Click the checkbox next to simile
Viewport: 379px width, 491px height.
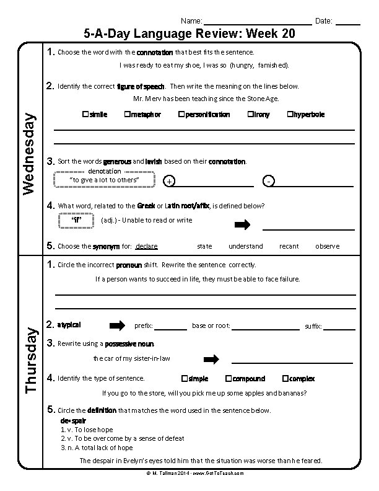tap(85, 114)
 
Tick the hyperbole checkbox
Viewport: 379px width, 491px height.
tap(290, 114)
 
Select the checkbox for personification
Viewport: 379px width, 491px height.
tap(181, 114)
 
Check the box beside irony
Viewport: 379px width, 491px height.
tap(250, 114)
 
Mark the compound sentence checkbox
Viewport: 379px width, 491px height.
tap(228, 378)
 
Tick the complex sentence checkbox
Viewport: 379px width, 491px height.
tap(285, 378)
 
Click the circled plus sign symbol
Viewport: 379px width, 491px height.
tap(170, 181)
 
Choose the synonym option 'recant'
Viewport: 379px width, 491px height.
tap(289, 246)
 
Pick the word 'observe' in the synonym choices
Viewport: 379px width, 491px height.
tap(327, 246)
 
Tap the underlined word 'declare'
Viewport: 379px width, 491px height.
tap(147, 246)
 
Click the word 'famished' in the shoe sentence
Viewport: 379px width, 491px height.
tap(273, 64)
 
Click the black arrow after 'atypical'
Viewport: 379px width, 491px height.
tap(117, 325)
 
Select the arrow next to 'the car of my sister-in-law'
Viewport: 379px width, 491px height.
tap(212, 359)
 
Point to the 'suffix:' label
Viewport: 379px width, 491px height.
tap(313, 326)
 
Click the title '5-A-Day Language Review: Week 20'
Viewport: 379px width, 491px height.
tap(189, 33)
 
